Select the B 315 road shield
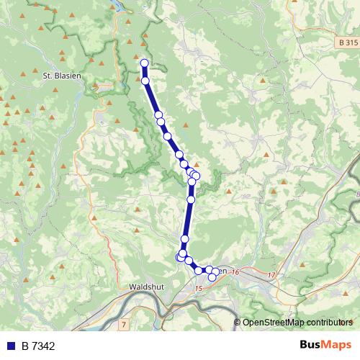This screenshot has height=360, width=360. coord(348,44)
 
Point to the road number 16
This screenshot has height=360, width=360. coord(235,271)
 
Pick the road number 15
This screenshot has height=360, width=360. coord(199,288)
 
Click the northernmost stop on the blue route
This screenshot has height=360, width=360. coord(144,63)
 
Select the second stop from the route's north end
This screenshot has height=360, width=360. coord(145,81)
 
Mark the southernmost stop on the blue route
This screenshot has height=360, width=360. coord(212,277)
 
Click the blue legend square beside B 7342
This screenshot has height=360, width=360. coord(11,346)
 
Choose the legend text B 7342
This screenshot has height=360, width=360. coord(37,346)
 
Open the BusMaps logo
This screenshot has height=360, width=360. coord(325,345)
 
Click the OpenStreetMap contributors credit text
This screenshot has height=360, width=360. coord(297,322)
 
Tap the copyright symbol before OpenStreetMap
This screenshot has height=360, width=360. coord(238,322)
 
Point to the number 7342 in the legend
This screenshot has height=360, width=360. coord(42,346)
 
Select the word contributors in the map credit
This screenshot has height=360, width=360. coord(329,322)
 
